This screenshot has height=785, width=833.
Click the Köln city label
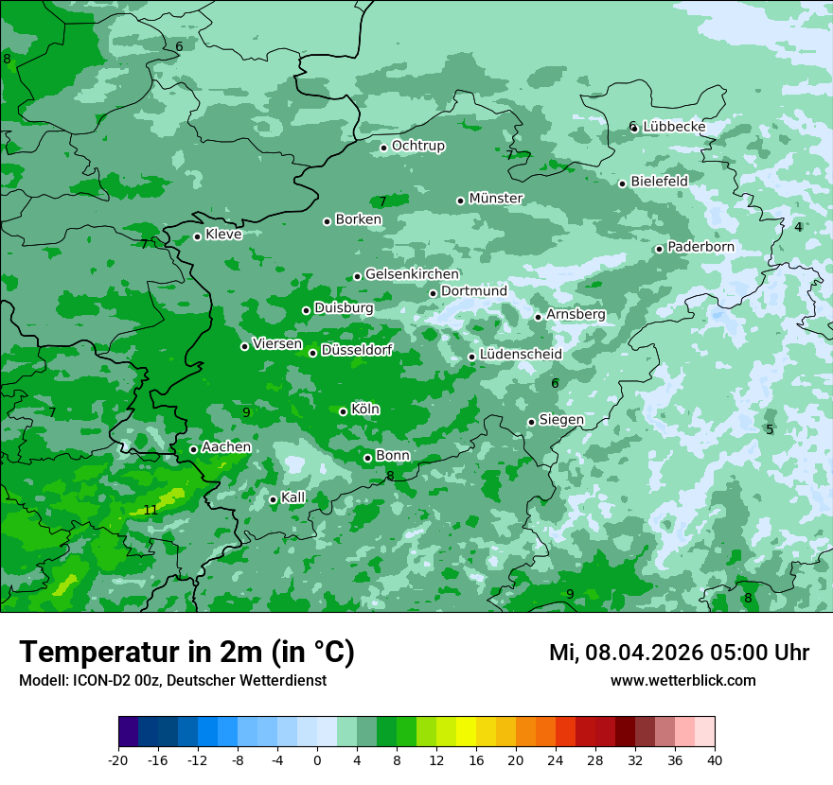[364, 410]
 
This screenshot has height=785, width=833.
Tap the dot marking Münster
[461, 201]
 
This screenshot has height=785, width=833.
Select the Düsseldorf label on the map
[356, 351]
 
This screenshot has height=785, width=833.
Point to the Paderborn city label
[700, 247]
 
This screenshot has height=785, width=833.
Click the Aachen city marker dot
[193, 449]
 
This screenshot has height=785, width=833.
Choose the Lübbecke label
[674, 127]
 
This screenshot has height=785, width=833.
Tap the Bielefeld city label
[659, 181]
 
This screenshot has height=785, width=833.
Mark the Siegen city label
[561, 420]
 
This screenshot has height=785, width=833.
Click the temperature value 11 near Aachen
[151, 510]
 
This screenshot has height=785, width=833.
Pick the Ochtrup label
[417, 146]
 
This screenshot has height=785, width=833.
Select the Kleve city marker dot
[197, 236]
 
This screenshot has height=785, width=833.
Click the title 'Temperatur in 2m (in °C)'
[186, 653]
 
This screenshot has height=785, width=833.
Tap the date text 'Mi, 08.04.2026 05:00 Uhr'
[679, 653]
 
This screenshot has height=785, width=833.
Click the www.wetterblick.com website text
[682, 680]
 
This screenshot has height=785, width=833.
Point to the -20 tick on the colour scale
[118, 759]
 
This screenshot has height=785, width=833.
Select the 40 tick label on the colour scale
[715, 759]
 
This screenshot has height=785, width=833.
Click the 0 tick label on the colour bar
[317, 759]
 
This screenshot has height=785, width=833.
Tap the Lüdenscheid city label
[521, 355]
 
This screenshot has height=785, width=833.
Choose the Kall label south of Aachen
[292, 497]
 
